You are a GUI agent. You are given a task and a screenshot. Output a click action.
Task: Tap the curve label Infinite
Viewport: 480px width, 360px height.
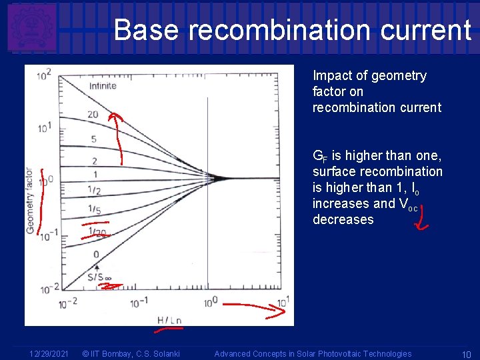click(103, 86)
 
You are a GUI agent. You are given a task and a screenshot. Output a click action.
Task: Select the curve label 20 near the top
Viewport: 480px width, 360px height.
click(93, 115)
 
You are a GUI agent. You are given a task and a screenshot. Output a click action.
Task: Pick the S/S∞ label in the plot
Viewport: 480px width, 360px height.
click(100, 276)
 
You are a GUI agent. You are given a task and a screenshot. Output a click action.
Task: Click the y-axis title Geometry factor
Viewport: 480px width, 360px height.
click(30, 200)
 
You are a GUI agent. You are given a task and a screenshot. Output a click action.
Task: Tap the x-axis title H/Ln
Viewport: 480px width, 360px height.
click(169, 320)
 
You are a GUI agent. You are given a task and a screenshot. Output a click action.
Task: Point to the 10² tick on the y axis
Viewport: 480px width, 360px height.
click(45, 75)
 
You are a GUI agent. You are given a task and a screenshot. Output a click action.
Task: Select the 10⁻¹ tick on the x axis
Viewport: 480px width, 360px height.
click(139, 302)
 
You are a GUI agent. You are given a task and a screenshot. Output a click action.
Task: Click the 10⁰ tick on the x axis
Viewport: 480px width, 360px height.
click(211, 302)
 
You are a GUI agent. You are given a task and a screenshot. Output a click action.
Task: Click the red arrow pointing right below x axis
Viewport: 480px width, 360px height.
click(253, 307)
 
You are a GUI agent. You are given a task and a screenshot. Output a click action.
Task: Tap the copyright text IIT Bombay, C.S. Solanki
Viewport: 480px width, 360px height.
click(130, 354)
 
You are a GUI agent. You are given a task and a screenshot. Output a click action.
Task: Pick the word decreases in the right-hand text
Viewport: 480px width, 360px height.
click(343, 220)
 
